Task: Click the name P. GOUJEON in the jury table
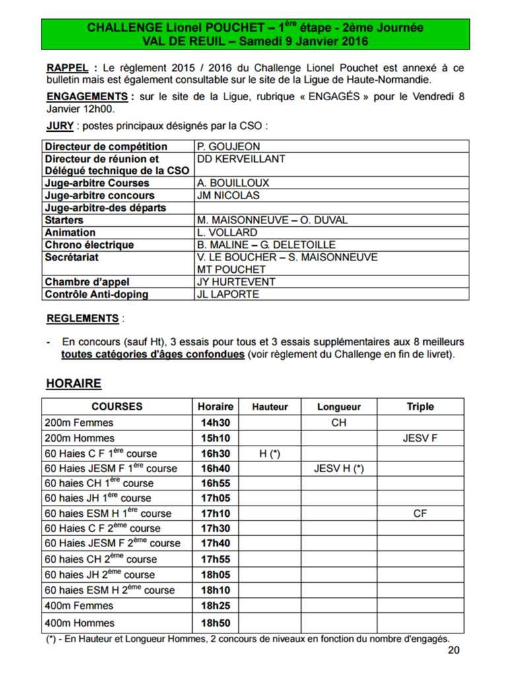[228, 146]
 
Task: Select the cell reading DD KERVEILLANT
[241, 159]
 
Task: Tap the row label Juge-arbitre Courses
[97, 183]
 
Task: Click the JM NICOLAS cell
[228, 196]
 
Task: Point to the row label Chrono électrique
[89, 245]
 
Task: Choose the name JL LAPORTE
[228, 295]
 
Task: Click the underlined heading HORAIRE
[73, 384]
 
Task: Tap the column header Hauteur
[270, 407]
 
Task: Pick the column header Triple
[420, 407]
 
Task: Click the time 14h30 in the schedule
[215, 423]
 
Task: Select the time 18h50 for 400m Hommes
[215, 623]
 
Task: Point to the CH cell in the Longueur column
[339, 423]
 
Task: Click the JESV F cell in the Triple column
[420, 438]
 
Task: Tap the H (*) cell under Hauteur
[270, 454]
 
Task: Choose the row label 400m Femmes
[79, 606]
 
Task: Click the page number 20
[453, 651]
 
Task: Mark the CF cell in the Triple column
[420, 514]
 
